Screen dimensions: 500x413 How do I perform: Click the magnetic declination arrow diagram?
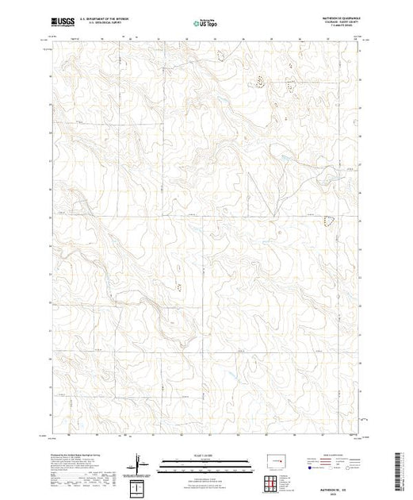141,461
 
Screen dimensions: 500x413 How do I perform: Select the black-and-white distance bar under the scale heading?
205,461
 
